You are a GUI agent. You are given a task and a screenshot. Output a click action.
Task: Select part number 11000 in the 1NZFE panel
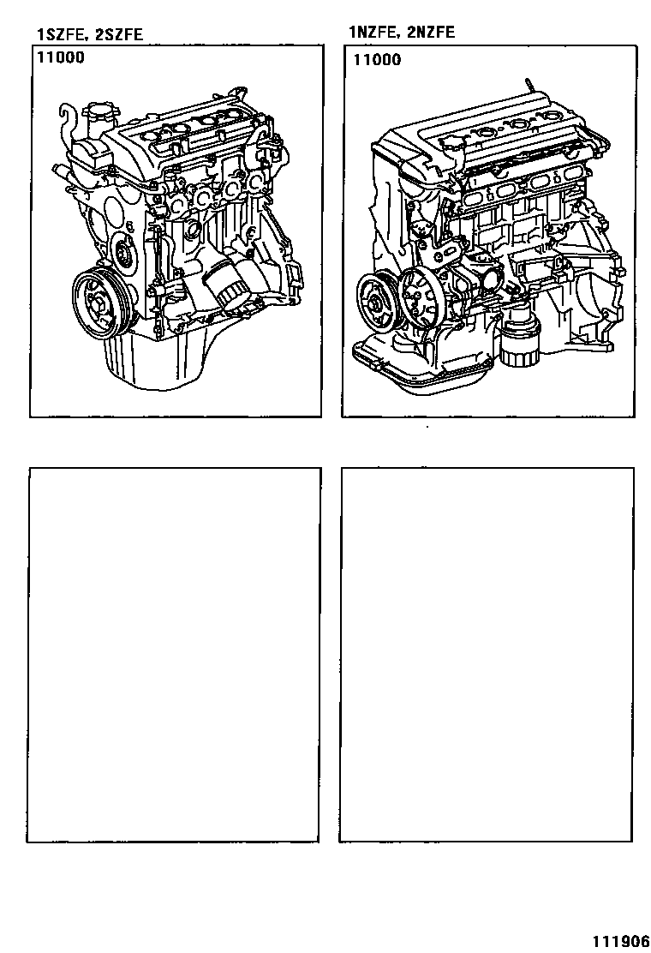coord(377,60)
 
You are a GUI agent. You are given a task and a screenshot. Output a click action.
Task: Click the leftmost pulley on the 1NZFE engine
coord(375,302)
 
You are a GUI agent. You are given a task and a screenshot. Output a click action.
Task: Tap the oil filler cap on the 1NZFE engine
coord(450,145)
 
